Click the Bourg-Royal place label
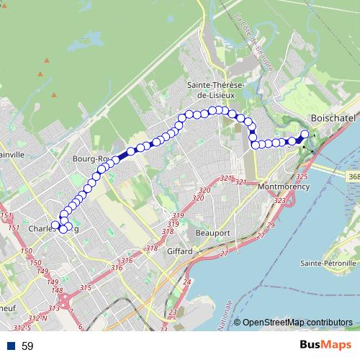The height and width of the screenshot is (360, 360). [x=92, y=158]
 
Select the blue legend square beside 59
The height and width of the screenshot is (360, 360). [x=10, y=346]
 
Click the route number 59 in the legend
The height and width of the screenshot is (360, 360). [x=27, y=346]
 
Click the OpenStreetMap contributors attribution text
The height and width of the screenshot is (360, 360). [x=297, y=322]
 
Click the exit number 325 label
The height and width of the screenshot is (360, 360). [x=302, y=176]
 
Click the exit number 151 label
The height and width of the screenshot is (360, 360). [x=6, y=217]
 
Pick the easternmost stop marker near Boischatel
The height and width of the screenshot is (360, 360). [x=305, y=134]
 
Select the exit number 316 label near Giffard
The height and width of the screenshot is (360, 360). [x=127, y=261]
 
